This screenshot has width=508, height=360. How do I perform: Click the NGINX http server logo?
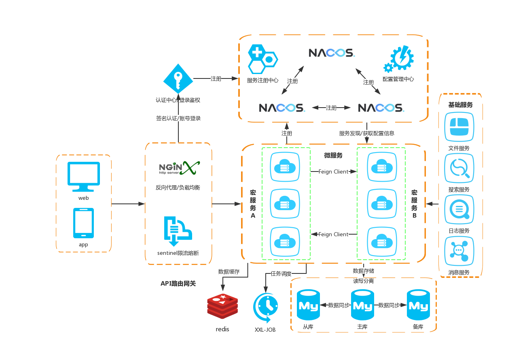pyautogui.click(x=178, y=167)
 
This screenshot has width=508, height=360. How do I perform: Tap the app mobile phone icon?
pyautogui.click(x=83, y=223)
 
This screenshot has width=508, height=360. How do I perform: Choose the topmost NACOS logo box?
pyautogui.click(x=331, y=53)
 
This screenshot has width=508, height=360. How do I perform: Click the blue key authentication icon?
pyautogui.click(x=178, y=79)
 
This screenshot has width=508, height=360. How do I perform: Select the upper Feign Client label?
pyautogui.click(x=333, y=172)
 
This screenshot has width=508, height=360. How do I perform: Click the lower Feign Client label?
pyautogui.click(x=333, y=234)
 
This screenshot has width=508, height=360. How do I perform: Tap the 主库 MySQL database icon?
pyautogui.click(x=362, y=306)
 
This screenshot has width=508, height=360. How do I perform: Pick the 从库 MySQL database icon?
pyautogui.click(x=308, y=306)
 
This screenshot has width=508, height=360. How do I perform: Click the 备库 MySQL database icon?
pyautogui.click(x=418, y=306)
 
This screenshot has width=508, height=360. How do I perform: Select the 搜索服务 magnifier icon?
pyautogui.click(x=459, y=169)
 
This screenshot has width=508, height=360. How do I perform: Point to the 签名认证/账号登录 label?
pyautogui.click(x=178, y=119)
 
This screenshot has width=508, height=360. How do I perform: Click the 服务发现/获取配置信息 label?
pyautogui.click(x=366, y=133)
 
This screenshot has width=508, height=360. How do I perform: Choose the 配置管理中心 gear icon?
pyautogui.click(x=399, y=59)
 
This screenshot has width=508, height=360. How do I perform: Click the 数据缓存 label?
pyautogui.click(x=229, y=271)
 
